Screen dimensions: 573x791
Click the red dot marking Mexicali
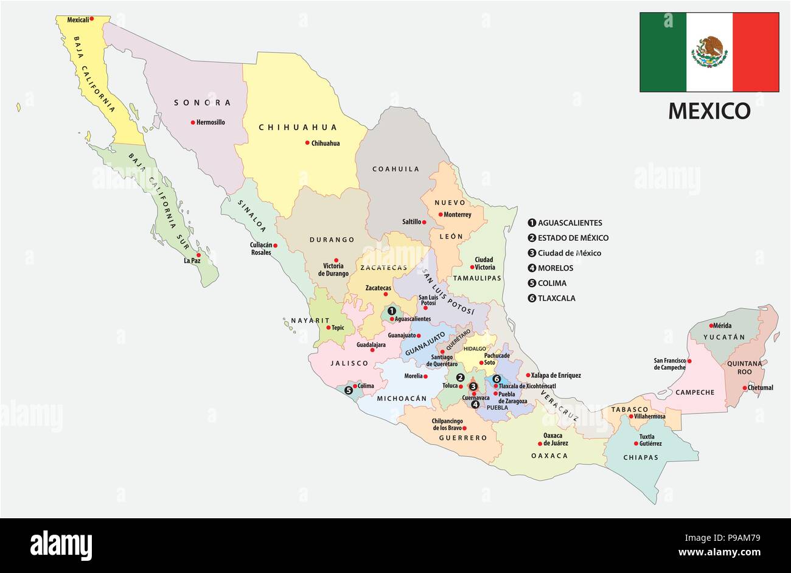click(91, 19)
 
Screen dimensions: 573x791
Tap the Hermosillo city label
click(210, 122)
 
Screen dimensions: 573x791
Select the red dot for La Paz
click(198, 255)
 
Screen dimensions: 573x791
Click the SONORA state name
click(203, 103)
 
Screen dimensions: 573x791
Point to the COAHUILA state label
click(395, 169)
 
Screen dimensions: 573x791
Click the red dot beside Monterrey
click(440, 214)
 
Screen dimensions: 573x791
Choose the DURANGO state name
click(332, 240)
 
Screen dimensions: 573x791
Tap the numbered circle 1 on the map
click(391, 310)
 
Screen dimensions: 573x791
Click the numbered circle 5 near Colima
click(348, 390)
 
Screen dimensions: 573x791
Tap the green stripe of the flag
click(662, 52)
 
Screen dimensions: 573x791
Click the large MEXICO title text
click(709, 111)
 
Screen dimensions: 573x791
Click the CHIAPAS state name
click(641, 457)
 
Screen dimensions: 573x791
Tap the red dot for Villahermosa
click(631, 417)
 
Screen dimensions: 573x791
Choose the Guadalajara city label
click(371, 344)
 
